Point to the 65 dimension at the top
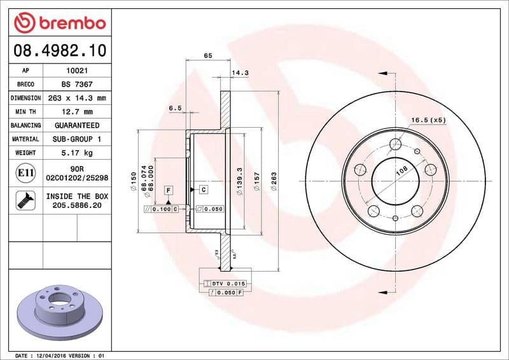[207, 56]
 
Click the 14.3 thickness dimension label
[239, 73]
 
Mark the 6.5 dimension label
[175, 108]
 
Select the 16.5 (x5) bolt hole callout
[428, 120]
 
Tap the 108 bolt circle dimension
[401, 171]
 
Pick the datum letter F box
[169, 190]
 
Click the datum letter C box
[203, 190]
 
